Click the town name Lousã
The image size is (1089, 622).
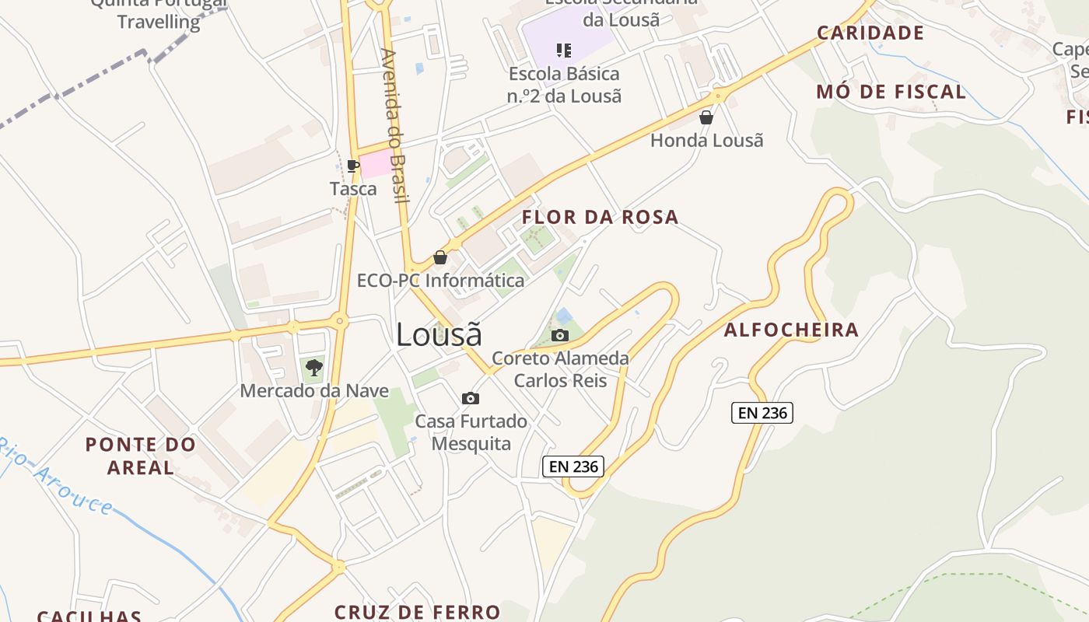(439, 334)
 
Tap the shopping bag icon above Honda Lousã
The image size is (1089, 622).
(706, 117)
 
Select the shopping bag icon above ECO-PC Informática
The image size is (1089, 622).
(440, 257)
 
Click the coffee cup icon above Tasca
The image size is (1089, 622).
(352, 166)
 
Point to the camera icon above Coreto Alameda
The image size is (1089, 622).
(559, 335)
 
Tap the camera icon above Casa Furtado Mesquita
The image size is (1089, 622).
(470, 398)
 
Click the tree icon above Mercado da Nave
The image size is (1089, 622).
(314, 367)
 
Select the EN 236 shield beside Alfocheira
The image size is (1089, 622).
(762, 413)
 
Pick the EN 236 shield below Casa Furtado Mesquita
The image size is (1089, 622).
(573, 466)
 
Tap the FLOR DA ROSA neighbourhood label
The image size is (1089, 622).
(601, 217)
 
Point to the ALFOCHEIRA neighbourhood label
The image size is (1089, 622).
(792, 330)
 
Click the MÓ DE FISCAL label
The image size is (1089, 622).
(891, 92)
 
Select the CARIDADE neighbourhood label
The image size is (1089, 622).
(870, 33)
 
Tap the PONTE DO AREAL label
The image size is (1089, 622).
(140, 456)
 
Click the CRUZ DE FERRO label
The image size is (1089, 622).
(418, 612)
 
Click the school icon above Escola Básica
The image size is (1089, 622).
(564, 51)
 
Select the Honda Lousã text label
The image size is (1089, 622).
(706, 141)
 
